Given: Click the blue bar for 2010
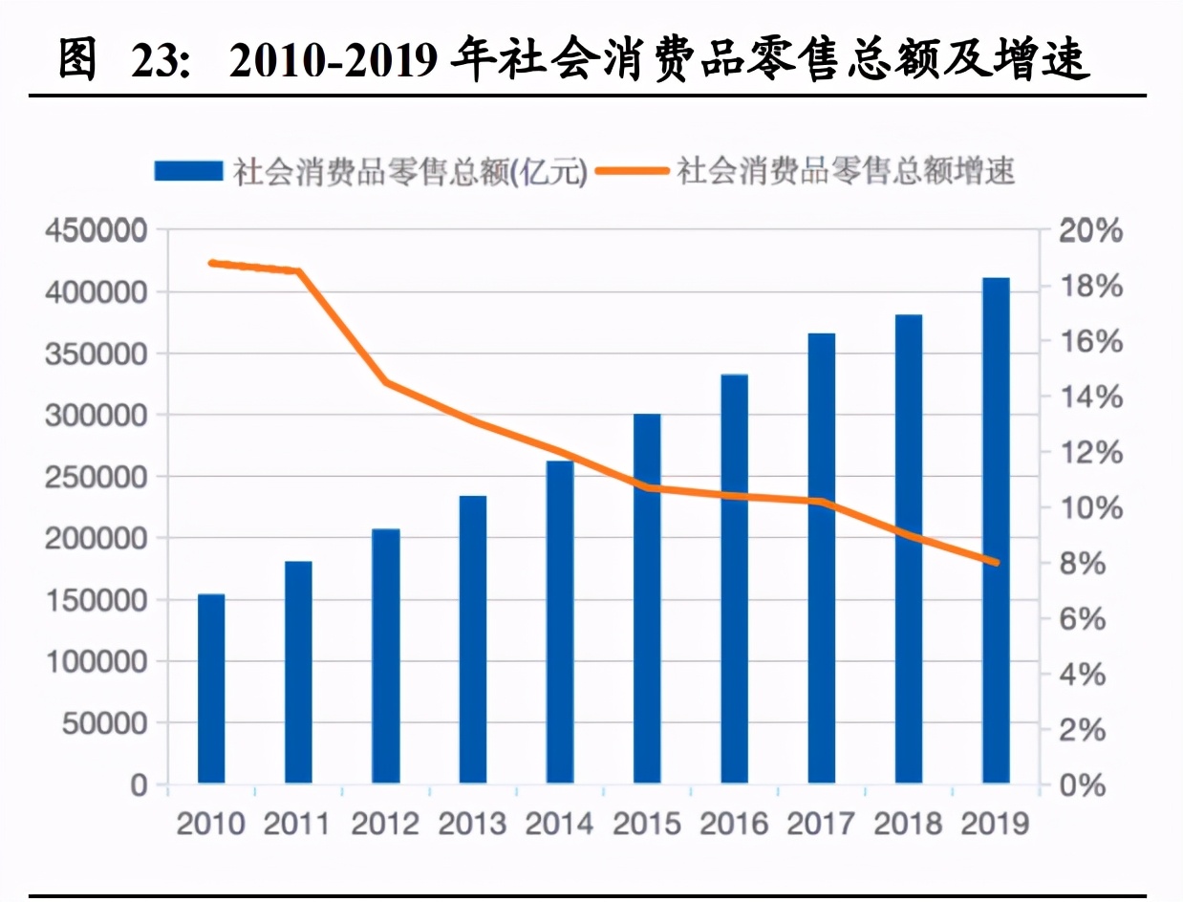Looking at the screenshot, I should tap(211, 688).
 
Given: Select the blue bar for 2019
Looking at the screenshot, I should tap(997, 530).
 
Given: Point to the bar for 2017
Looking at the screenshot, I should tap(822, 558).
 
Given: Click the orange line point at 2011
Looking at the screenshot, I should tap(298, 271).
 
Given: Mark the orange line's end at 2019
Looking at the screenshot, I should tap(997, 563).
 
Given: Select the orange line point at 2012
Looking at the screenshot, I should tap(386, 382).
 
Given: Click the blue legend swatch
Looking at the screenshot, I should tap(189, 172).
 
